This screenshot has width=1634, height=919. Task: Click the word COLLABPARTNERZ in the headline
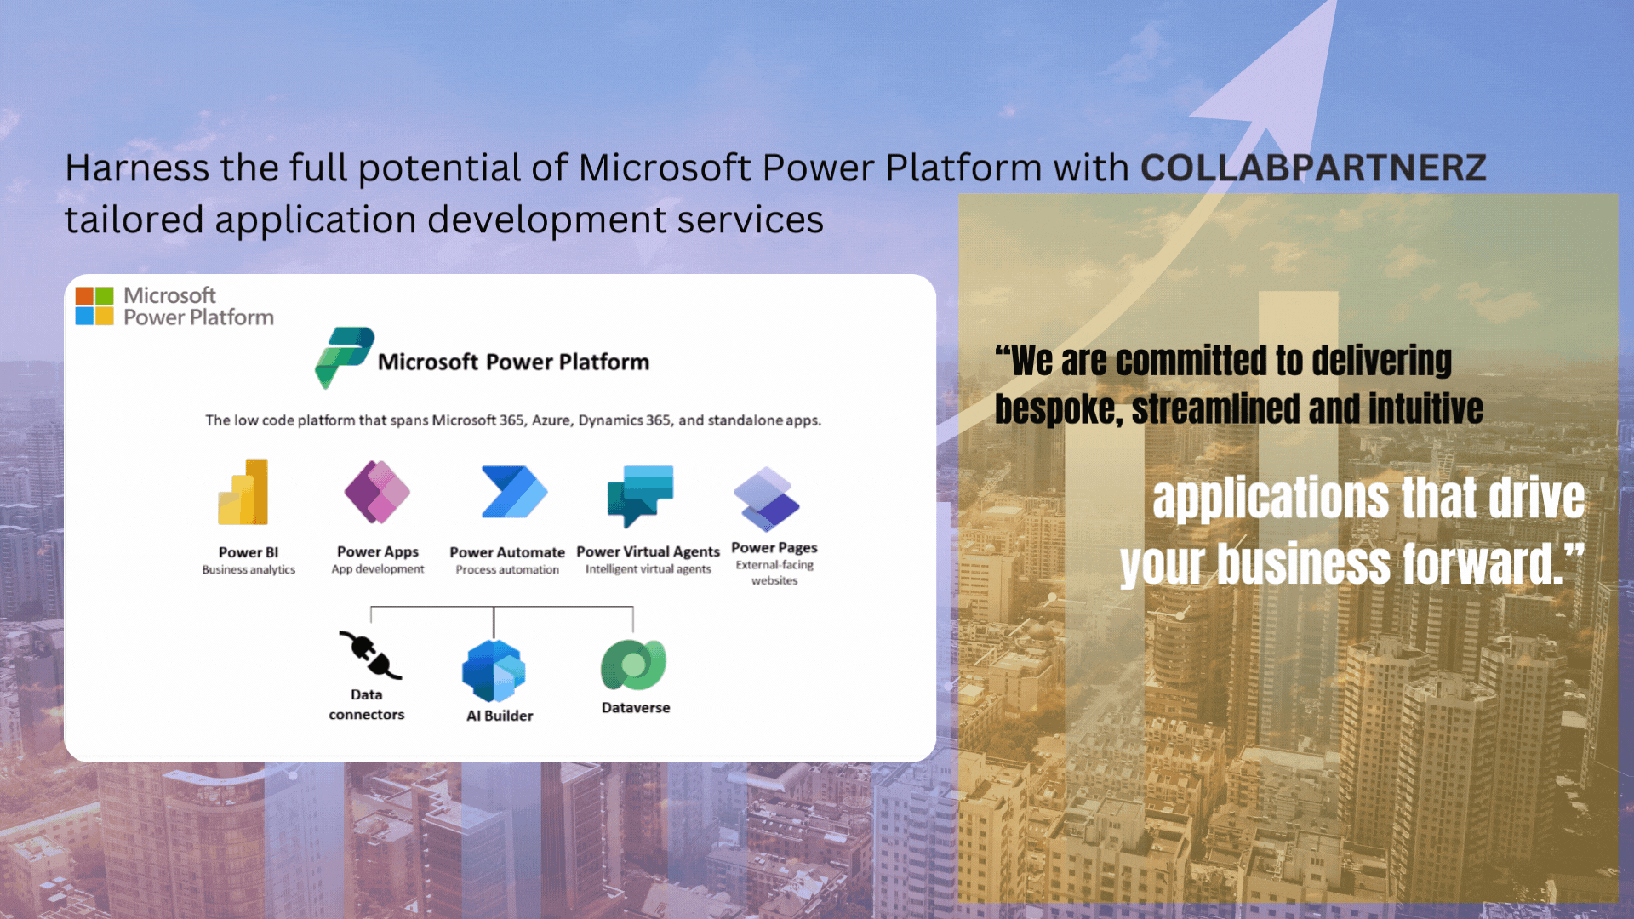coord(1313,168)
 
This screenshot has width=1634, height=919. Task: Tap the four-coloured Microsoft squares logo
coord(94,306)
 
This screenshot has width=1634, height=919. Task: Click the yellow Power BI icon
coord(243,492)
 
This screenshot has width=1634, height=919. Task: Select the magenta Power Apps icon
coord(377,492)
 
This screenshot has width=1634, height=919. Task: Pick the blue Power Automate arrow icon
coord(514,492)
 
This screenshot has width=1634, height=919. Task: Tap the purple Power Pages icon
coord(767,498)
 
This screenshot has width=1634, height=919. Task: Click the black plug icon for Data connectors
coord(370,655)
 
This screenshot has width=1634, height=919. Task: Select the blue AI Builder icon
coord(494,671)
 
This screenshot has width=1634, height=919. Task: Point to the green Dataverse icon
coord(633,665)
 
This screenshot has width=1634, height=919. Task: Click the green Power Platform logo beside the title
coord(345,357)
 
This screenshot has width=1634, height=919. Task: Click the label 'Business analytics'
coord(249,570)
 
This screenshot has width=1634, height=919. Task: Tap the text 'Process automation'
coord(507,570)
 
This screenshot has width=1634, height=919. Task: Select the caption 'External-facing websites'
coord(774,573)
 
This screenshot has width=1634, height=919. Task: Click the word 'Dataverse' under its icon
coord(636,708)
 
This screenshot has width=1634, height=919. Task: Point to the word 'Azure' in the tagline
coord(551,420)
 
